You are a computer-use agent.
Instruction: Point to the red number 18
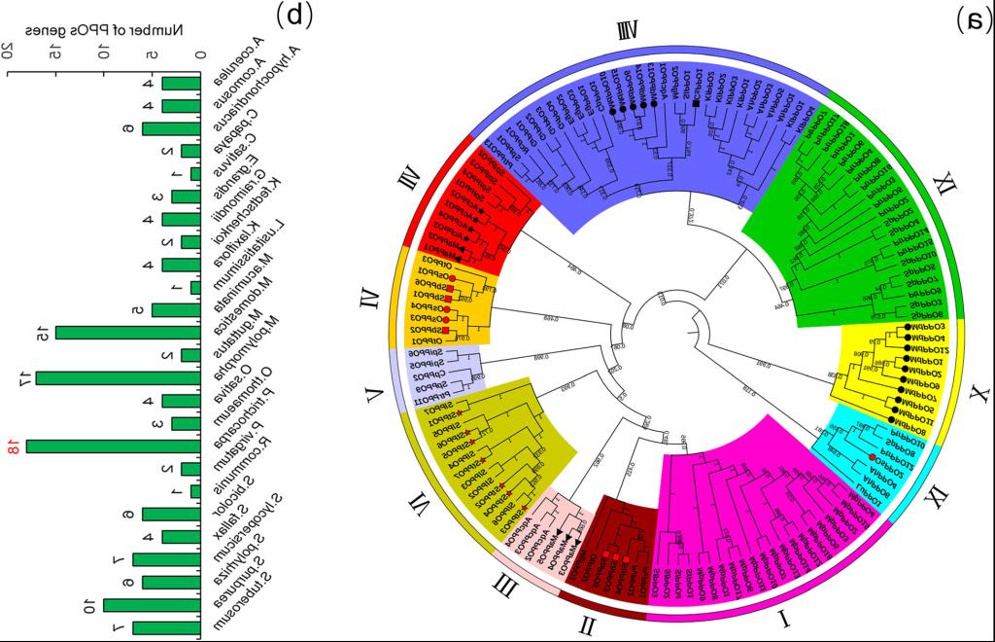point(15,447)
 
